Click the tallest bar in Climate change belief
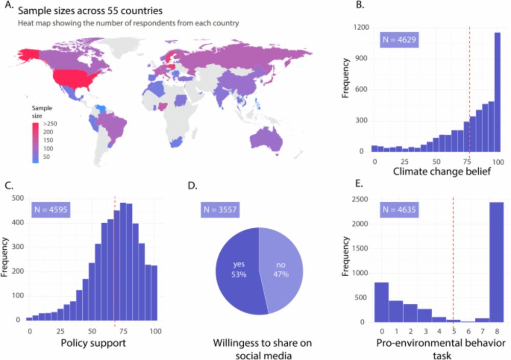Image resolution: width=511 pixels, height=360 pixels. pyautogui.click(x=497, y=92)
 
